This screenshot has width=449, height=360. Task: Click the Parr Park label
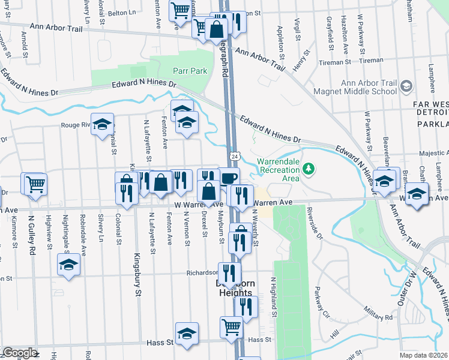[x=190, y=71]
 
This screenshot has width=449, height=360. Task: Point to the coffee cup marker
[x=229, y=178]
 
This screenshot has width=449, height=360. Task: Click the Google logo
[x=19, y=353]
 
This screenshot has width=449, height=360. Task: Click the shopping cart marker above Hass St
[x=231, y=328]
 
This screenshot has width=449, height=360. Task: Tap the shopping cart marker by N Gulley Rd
[x=35, y=184]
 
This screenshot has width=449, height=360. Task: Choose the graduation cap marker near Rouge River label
[x=102, y=124]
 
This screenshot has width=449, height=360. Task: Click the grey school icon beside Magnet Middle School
[x=406, y=87]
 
